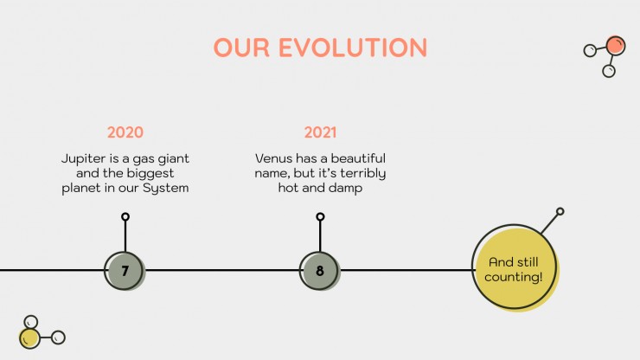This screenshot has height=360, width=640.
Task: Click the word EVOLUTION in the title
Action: (x=353, y=48)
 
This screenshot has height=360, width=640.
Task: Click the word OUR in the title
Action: (x=241, y=48)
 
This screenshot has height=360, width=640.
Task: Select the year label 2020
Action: (x=125, y=132)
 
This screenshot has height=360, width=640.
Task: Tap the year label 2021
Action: (x=320, y=132)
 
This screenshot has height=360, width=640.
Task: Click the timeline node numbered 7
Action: (x=125, y=271)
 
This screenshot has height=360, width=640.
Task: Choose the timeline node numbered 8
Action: (x=320, y=271)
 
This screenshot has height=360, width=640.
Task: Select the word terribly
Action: (x=363, y=174)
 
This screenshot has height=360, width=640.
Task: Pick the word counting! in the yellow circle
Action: (x=514, y=277)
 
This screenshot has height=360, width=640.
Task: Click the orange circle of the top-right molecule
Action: (x=616, y=45)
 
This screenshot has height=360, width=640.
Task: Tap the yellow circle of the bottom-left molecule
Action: (x=29, y=338)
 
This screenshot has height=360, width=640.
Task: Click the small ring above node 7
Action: (x=125, y=216)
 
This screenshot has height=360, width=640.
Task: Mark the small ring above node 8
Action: (x=320, y=216)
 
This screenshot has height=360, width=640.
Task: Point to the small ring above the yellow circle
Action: (x=560, y=211)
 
